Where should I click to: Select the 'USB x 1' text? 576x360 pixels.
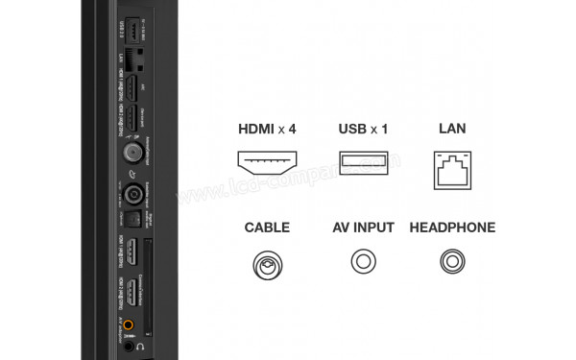(x=363, y=130)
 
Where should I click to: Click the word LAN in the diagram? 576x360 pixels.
(x=451, y=130)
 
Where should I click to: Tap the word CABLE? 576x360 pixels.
(x=267, y=228)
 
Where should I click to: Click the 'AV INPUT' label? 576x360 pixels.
(x=363, y=228)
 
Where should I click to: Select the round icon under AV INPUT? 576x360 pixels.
(x=363, y=262)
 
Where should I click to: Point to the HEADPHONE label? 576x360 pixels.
(x=452, y=228)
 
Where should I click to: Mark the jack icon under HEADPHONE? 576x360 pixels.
(x=451, y=262)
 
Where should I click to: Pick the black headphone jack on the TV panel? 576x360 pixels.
(x=130, y=347)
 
